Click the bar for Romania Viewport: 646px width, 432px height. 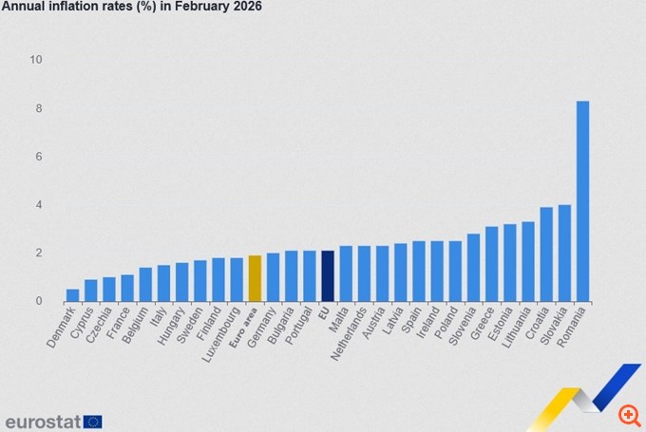click(x=582, y=201)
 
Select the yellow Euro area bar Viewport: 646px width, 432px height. click(x=255, y=278)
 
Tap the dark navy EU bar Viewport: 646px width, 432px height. click(x=328, y=276)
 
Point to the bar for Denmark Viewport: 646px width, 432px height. click(x=72, y=295)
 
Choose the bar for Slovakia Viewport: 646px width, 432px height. click(x=564, y=253)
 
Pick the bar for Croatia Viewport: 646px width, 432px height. click(x=546, y=254)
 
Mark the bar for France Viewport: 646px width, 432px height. click(x=127, y=288)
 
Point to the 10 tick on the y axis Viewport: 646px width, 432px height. click(x=36, y=60)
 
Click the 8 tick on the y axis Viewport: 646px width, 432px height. click(x=39, y=108)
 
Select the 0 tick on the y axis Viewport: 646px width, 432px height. click(x=39, y=301)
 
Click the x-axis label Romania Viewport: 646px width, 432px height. click(x=572, y=326)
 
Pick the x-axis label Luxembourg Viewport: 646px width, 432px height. click(x=222, y=331)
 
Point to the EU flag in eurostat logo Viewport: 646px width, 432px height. click(x=92, y=421)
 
